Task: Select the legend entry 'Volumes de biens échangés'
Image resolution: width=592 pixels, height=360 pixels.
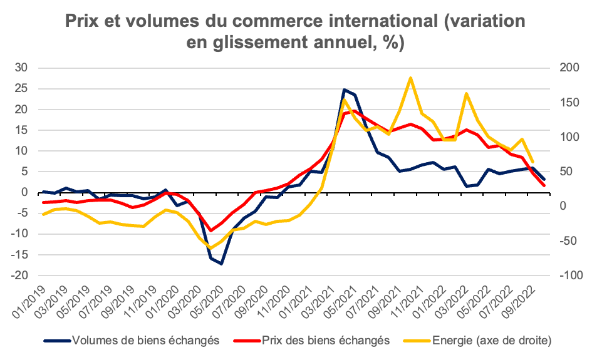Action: [145, 341]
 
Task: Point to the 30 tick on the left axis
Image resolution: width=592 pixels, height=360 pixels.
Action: [24, 68]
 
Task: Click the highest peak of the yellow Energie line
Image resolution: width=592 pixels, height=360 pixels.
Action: [410, 78]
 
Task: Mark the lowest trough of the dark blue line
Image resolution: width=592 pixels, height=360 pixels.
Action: [221, 264]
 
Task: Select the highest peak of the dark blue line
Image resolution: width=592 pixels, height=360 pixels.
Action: [344, 90]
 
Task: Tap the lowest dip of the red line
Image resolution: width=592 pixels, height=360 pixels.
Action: [210, 230]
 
